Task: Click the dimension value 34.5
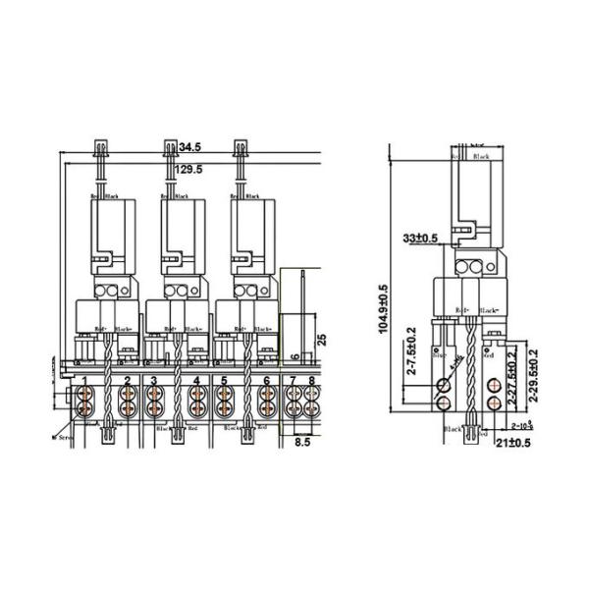(191, 147)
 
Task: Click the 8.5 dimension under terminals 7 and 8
(303, 444)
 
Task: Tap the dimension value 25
(322, 342)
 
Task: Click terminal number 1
(85, 381)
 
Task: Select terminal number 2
(127, 381)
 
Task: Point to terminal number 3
(154, 381)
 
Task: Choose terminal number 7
(294, 380)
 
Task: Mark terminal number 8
(311, 380)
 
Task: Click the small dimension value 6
(294, 356)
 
